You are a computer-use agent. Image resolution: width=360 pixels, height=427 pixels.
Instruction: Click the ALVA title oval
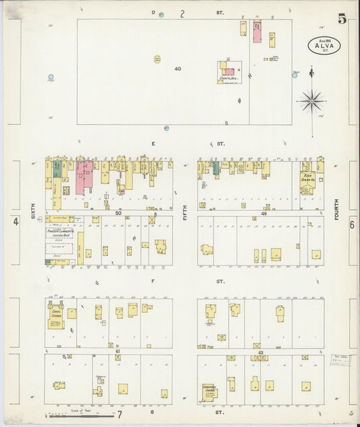pyautogui.click(x=324, y=45)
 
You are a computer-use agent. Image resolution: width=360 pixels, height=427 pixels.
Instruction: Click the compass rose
pyautogui.click(x=311, y=101)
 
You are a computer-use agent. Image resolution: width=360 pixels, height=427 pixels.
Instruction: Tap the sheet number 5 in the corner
pyautogui.click(x=342, y=19)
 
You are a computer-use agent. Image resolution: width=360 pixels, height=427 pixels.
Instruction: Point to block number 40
pyautogui.click(x=178, y=68)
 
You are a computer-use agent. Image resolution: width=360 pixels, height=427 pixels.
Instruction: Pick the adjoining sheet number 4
pyautogui.click(x=14, y=222)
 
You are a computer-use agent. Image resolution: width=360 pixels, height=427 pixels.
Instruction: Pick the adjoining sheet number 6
pyautogui.click(x=351, y=226)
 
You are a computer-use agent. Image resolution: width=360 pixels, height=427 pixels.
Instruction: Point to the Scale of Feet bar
pyautogui.click(x=74, y=413)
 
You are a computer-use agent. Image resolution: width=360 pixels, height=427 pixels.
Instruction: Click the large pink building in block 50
pyautogui.click(x=83, y=177)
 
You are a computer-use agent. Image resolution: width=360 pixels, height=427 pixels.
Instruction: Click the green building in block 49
pyautogui.click(x=216, y=168)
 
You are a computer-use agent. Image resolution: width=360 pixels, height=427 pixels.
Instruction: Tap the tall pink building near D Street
pyautogui.click(x=257, y=32)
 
